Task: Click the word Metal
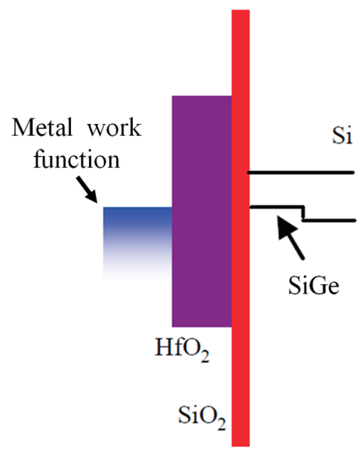42,127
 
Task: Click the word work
115,128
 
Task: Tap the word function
76,159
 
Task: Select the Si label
342,135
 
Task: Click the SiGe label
314,285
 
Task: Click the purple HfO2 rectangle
202,211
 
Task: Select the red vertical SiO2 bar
241,228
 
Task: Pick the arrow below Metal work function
86,189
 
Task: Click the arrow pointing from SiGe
291,237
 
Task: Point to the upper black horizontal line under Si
301,173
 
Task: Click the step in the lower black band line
303,213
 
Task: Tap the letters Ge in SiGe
326,285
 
